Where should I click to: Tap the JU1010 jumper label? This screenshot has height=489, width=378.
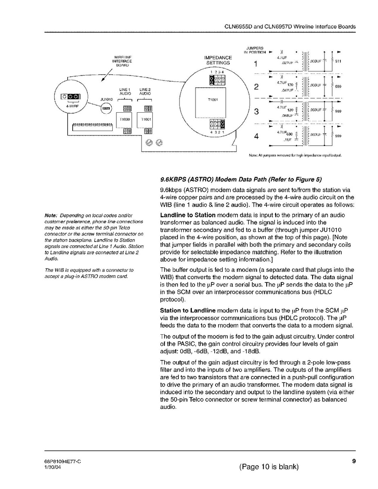pyautogui.click(x=106, y=98)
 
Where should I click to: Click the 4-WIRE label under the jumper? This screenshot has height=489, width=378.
pyautogui.click(x=72, y=106)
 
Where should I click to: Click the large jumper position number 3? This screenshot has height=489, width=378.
pyautogui.click(x=256, y=111)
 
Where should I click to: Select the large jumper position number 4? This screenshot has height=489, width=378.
pyautogui.click(x=256, y=136)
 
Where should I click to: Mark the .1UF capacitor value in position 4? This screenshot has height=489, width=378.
pyautogui.click(x=287, y=140)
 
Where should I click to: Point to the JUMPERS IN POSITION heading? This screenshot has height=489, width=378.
pyautogui.click(x=255, y=50)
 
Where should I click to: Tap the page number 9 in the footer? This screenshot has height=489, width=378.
pyautogui.click(x=354, y=461)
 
